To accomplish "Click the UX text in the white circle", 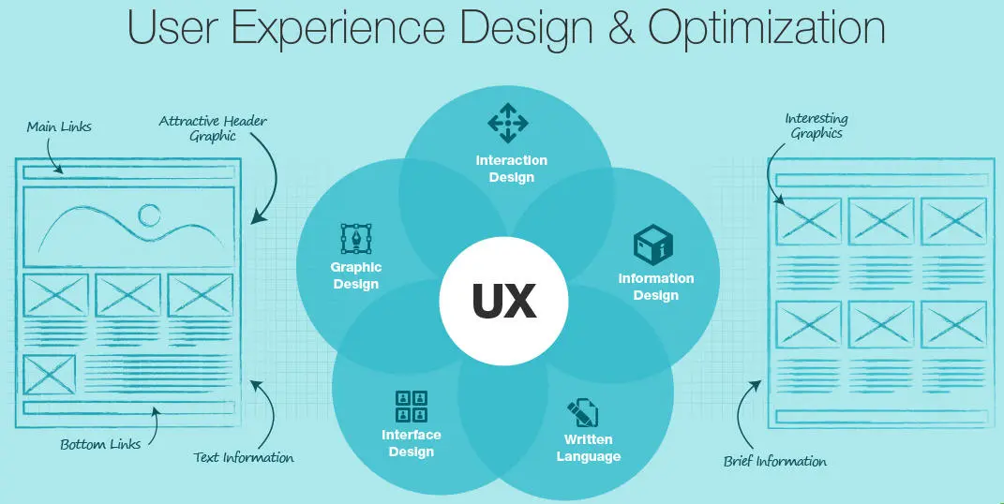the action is coord(504,301).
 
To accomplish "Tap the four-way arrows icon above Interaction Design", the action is coord(508,122).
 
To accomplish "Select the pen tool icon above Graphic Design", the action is coord(355,239).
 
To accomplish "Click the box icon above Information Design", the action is coord(653,244).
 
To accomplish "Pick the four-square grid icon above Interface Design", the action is coord(412,407).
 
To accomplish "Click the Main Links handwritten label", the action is coord(59,126).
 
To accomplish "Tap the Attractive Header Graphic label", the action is coord(213,128).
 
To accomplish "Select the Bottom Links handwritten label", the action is coord(100,444).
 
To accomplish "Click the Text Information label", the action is coord(244,457).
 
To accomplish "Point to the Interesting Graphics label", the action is coord(817,126).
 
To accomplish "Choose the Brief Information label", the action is coord(775,461).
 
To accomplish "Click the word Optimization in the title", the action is coord(767,29).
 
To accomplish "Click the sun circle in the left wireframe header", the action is coord(150,215).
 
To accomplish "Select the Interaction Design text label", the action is coord(512,169).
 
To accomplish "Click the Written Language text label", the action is coord(589,449).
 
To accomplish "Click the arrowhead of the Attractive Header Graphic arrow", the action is coord(257,216).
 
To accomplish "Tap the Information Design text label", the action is coord(655,288).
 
